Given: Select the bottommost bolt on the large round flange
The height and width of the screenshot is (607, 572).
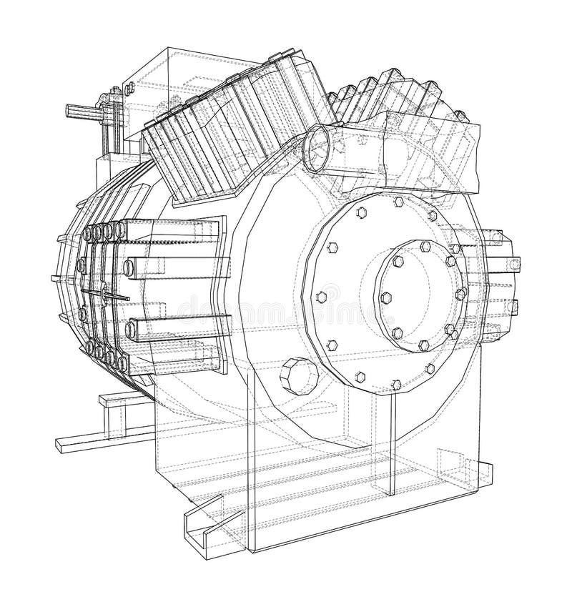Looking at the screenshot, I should click(x=396, y=385).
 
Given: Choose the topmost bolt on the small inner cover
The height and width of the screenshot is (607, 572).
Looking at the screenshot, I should click(x=424, y=245).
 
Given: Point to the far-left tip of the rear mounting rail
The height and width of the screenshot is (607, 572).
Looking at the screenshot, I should click(x=59, y=445).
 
